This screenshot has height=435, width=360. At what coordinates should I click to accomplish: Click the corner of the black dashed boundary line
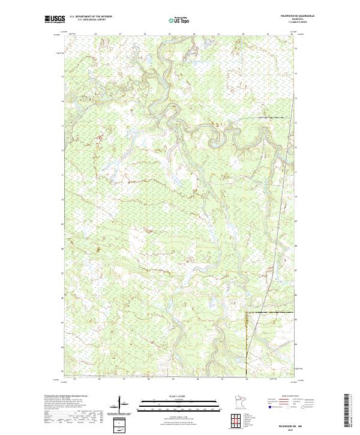coord(247,313)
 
